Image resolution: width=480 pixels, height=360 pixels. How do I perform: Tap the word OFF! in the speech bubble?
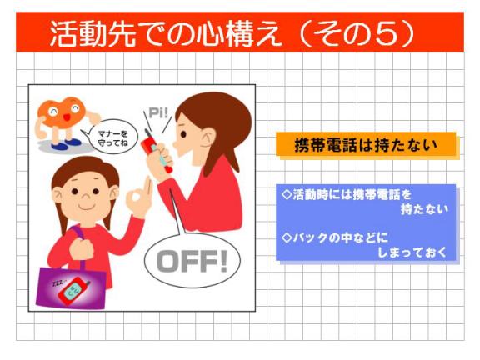(192, 261)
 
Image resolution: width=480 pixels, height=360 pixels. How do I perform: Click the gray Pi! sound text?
(158, 113)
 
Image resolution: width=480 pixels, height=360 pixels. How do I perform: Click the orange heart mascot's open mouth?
(67, 117)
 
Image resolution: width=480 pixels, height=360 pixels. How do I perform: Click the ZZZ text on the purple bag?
(59, 283)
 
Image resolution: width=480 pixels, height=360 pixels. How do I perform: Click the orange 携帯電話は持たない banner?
(366, 144)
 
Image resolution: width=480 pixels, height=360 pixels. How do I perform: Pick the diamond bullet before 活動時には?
(287, 194)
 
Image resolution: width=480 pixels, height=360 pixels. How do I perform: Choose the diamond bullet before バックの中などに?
(287, 237)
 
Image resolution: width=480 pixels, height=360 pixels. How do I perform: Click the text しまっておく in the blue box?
(412, 252)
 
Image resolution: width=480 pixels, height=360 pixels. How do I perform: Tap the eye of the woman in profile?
(183, 134)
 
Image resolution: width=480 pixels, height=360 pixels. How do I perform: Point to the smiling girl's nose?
(85, 196)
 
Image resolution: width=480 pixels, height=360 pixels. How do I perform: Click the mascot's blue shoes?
(66, 144)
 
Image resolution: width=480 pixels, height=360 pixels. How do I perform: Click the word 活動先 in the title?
(92, 33)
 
